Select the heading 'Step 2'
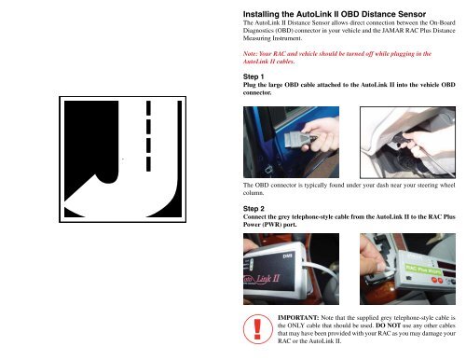[255, 211]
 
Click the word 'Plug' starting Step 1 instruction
[252, 86]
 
